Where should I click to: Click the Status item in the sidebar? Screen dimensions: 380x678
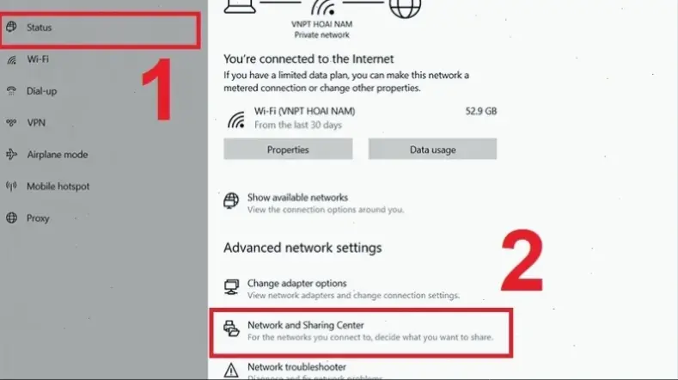pyautogui.click(x=40, y=28)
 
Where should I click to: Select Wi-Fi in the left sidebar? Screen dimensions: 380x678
pyautogui.click(x=37, y=59)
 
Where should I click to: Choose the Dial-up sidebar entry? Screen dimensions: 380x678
pyautogui.click(x=42, y=91)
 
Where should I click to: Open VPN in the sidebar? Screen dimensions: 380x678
pyautogui.click(x=36, y=123)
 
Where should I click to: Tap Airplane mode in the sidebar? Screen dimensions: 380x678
pyautogui.click(x=57, y=155)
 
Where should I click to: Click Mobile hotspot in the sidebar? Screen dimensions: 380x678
pyautogui.click(x=58, y=187)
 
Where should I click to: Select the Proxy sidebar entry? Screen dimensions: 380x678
pyautogui.click(x=38, y=218)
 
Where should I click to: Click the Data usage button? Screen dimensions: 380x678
pyautogui.click(x=432, y=150)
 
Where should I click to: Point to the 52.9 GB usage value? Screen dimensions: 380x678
pyautogui.click(x=479, y=112)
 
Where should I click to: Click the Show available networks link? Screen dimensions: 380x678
pyautogui.click(x=297, y=198)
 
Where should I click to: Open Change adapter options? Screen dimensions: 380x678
pyautogui.click(x=296, y=284)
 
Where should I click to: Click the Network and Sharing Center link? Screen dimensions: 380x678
pyautogui.click(x=306, y=326)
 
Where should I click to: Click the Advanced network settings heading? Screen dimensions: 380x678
pyautogui.click(x=302, y=248)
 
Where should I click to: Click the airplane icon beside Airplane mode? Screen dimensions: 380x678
pyautogui.click(x=12, y=155)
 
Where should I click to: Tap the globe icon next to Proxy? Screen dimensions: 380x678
pyautogui.click(x=12, y=218)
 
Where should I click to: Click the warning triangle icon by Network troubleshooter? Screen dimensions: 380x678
pyautogui.click(x=231, y=370)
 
